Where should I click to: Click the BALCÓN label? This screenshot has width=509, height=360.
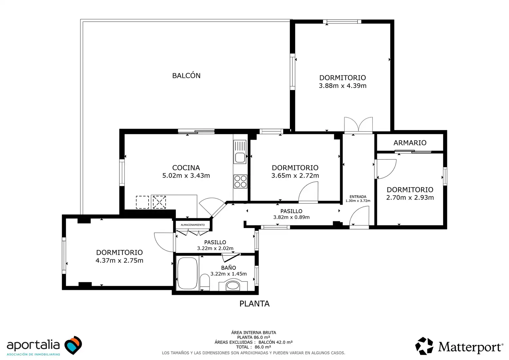(x=186, y=76)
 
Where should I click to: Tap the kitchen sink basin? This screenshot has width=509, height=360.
(x=240, y=158)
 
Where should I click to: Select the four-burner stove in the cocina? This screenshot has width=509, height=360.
(x=241, y=181)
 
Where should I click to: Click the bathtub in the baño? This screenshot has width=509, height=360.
(x=188, y=273)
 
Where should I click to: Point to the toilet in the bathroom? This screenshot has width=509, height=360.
(x=205, y=282)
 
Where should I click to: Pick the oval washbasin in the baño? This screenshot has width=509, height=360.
(x=233, y=285)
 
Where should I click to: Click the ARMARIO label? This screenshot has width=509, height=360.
(x=410, y=143)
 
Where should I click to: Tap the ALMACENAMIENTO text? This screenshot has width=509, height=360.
(x=193, y=225)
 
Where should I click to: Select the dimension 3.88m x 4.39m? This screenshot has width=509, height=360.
(x=342, y=86)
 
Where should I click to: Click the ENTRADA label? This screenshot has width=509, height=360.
(x=358, y=196)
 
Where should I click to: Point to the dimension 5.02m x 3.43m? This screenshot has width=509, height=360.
(x=186, y=176)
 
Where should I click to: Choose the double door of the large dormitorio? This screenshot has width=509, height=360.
(x=358, y=124)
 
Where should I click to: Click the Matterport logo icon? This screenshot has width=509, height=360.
(x=424, y=346)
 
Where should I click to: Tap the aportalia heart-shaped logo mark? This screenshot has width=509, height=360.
(x=73, y=345)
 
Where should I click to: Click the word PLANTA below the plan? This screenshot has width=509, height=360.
(x=254, y=304)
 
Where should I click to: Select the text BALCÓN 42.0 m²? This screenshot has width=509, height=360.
(x=275, y=342)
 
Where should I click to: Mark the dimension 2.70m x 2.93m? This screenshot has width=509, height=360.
(x=410, y=197)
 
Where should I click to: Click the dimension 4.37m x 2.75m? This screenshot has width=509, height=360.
(x=119, y=260)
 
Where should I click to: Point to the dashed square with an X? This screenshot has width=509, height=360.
(x=159, y=202)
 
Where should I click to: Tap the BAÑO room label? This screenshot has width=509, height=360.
(x=229, y=268)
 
